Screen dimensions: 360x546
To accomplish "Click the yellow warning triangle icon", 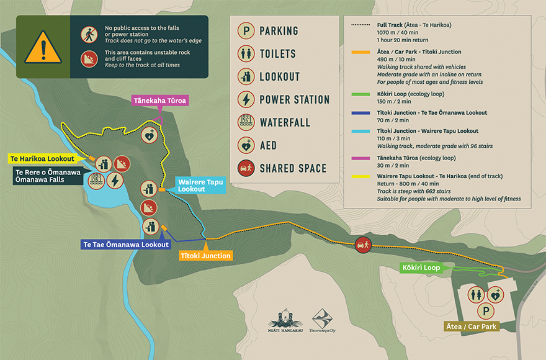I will [x=43, y=47].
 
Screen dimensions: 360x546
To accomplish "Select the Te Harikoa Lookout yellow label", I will [x=42, y=159].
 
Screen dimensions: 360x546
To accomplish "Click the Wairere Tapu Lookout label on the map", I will [x=199, y=185].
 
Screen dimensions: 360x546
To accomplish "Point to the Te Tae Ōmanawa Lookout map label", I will [x=126, y=245].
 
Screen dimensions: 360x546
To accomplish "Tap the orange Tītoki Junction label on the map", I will [x=205, y=255].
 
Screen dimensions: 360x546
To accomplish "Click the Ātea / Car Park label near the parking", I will [x=472, y=326].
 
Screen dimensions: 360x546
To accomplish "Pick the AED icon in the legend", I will [x=246, y=145].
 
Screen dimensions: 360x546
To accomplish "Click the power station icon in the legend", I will [x=246, y=99].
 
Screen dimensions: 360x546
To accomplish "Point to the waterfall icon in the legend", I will [x=246, y=122].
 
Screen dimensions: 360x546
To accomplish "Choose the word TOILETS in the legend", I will [x=277, y=54].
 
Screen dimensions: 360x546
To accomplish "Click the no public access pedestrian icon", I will [x=87, y=34].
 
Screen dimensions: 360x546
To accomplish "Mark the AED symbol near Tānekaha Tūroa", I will [x=150, y=135].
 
